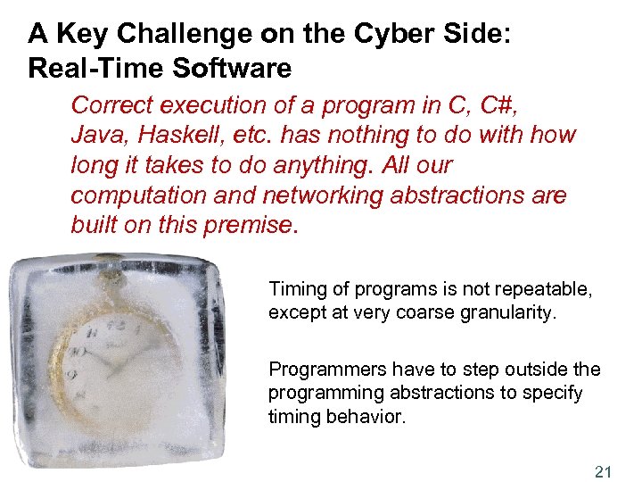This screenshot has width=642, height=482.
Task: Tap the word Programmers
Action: tap(322, 370)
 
